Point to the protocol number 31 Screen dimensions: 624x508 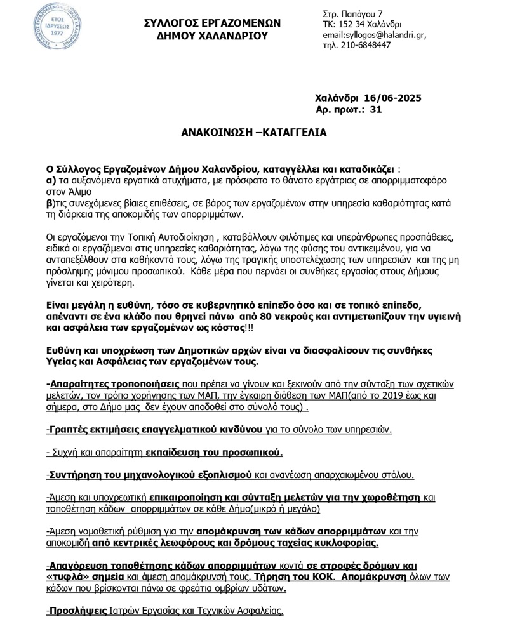coord(376,110)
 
